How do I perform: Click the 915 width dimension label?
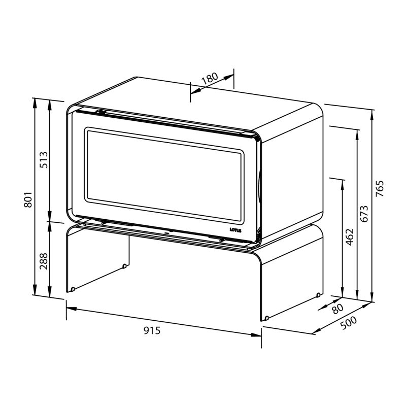152,330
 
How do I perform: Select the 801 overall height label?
28,199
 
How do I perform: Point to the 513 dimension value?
44,160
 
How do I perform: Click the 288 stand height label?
44,261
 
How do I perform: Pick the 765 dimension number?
380,188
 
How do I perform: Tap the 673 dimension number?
364,214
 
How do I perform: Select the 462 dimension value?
350,237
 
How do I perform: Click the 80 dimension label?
337,309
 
